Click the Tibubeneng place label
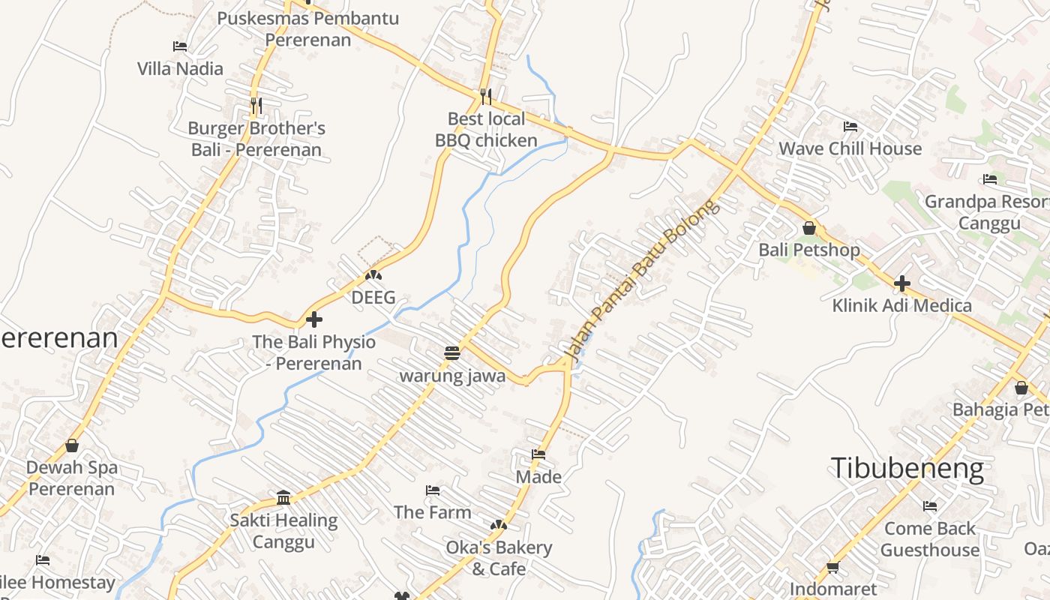click(x=907, y=469)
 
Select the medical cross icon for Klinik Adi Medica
click(x=902, y=283)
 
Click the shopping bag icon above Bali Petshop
click(x=809, y=228)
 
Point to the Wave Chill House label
click(x=850, y=148)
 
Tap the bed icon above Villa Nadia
click(x=180, y=46)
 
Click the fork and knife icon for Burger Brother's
click(x=256, y=105)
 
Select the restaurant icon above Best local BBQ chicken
click(x=486, y=96)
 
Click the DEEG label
click(x=373, y=298)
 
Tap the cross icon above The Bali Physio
click(x=314, y=319)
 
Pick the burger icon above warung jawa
click(x=452, y=352)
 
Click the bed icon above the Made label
click(x=538, y=454)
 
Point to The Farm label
click(x=433, y=512)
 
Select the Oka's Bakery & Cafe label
click(x=499, y=558)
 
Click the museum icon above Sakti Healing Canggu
click(x=283, y=497)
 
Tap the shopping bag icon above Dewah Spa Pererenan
click(x=72, y=445)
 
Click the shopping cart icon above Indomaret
click(x=832, y=568)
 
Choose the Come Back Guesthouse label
click(x=930, y=538)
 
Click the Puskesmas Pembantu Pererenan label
click(x=308, y=28)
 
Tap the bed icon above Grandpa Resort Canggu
click(x=990, y=179)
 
